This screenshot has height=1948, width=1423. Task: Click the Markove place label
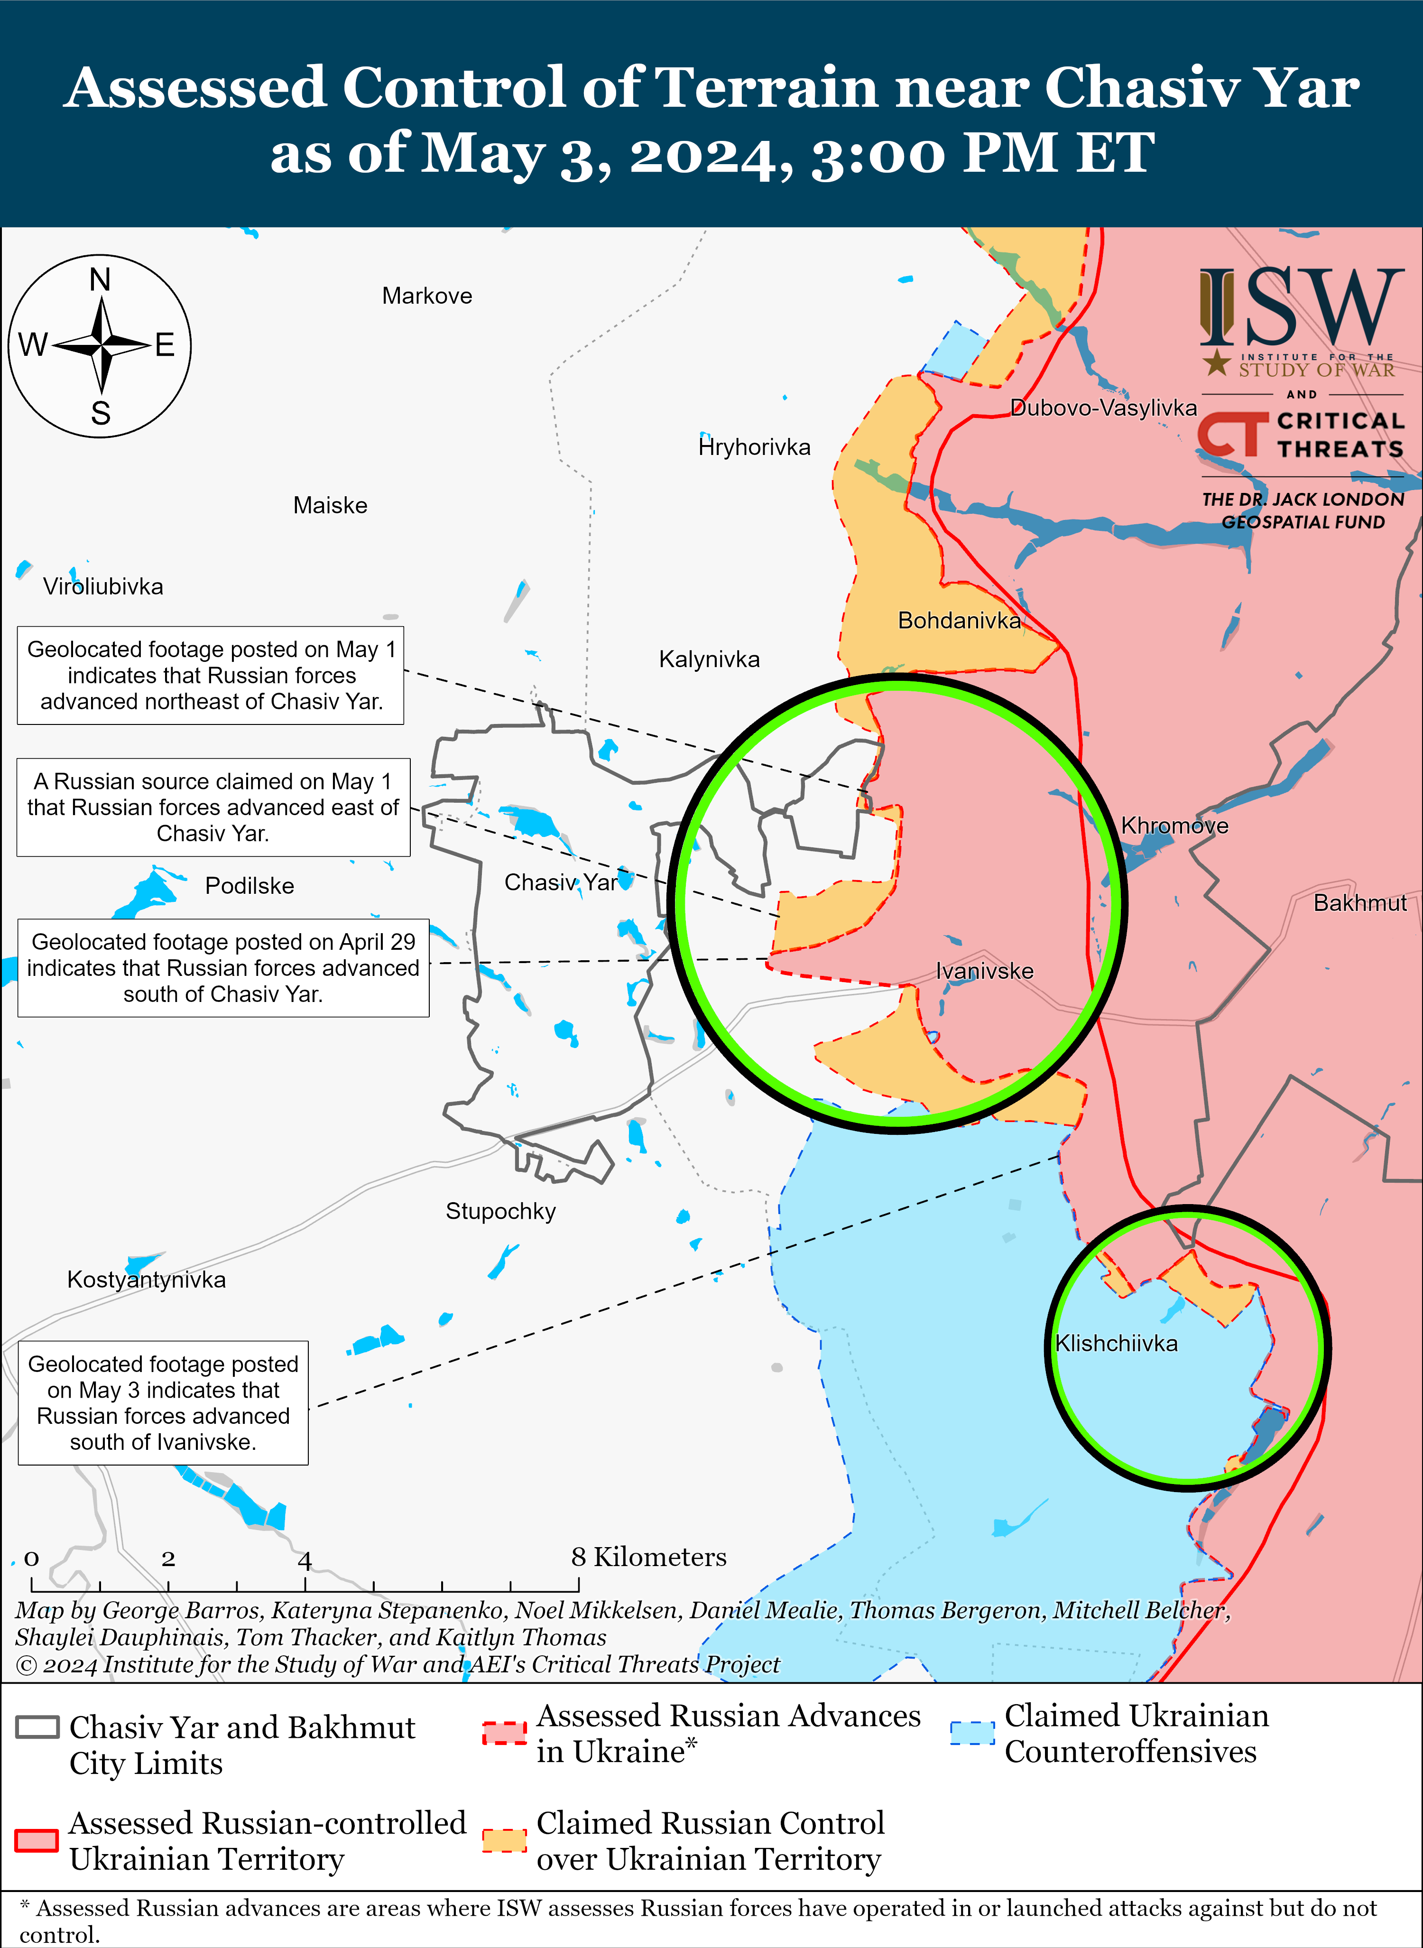(x=427, y=297)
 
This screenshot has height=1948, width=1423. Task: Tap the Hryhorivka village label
(x=755, y=447)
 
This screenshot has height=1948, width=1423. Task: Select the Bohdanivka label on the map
(x=959, y=621)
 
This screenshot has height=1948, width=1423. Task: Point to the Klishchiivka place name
(x=1117, y=1343)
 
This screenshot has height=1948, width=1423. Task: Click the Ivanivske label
(x=985, y=971)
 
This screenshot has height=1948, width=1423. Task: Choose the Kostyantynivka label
(x=147, y=1280)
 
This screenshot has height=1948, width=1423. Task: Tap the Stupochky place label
(x=500, y=1211)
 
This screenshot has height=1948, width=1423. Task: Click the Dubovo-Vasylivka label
(x=1103, y=408)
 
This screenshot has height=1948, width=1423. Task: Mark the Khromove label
(x=1174, y=826)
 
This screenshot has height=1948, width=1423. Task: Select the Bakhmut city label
(x=1359, y=903)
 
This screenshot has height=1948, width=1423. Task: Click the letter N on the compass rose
(x=100, y=280)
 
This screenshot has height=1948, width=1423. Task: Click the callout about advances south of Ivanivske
(x=163, y=1402)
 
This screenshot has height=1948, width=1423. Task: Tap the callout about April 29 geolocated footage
(x=223, y=967)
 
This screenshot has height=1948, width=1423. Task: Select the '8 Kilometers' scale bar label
(x=648, y=1557)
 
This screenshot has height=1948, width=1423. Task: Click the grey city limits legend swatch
(x=37, y=1727)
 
